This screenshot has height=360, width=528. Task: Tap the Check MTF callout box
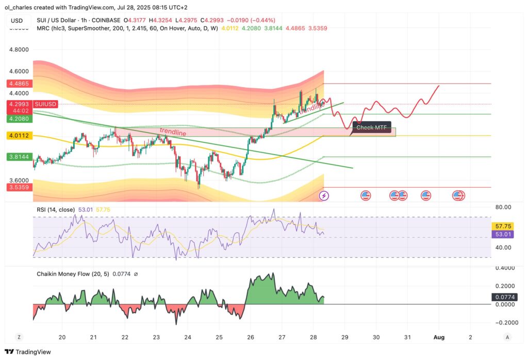[372, 127]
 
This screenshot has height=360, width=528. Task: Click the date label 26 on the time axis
[250, 337]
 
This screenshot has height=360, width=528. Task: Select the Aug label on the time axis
[439, 337]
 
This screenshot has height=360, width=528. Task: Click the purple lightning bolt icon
[324, 195]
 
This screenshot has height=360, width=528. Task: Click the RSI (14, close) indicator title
[55, 209]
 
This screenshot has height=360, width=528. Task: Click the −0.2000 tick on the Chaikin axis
[506, 322]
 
